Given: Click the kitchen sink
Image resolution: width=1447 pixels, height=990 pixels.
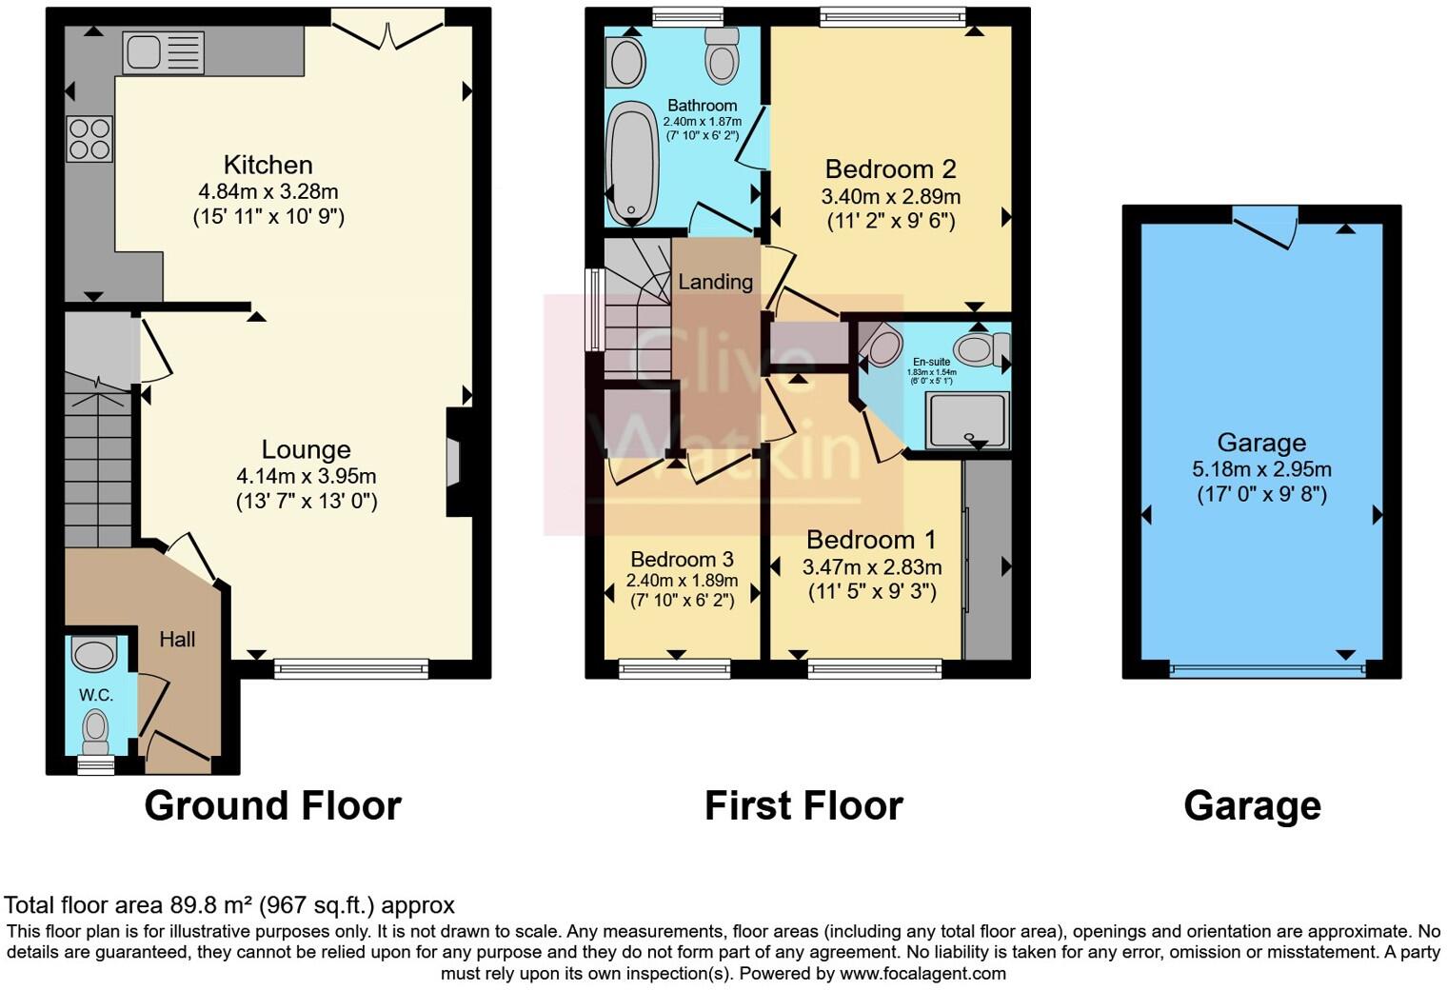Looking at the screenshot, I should (163, 52).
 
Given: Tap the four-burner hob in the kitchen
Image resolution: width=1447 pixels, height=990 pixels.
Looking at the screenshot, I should (89, 139).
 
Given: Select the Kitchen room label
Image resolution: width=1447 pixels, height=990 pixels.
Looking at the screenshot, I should (268, 165).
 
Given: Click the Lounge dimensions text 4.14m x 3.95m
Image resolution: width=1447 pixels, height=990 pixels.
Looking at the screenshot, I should (306, 476).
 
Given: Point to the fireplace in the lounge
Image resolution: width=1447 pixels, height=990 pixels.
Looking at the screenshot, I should (454, 463).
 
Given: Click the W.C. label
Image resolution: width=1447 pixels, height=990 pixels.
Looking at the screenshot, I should (95, 696).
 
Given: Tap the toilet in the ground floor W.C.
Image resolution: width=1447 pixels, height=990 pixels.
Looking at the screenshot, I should (95, 730).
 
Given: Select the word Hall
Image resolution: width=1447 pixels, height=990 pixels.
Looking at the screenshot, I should (177, 640).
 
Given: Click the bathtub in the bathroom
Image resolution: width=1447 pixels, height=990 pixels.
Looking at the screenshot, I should (630, 163).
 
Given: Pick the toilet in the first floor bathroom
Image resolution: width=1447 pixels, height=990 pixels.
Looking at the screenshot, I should (723, 55).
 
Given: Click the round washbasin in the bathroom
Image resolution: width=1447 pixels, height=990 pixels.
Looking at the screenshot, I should (627, 63).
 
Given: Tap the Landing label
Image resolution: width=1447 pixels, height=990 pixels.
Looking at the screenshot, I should (715, 282).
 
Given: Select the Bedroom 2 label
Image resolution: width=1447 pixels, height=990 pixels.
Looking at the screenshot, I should (890, 169).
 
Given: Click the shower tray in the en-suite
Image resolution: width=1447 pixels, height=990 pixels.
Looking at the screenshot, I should (968, 420).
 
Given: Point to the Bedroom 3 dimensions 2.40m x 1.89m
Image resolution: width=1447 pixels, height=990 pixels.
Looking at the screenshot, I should (682, 581).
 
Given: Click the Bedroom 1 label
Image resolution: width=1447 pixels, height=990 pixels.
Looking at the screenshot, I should (871, 541).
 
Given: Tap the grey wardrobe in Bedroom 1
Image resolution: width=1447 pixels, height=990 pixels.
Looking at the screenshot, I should (987, 560).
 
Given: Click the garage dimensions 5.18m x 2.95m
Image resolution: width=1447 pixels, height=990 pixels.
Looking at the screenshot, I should (1261, 469).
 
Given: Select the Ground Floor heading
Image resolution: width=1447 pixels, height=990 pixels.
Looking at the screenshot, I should (272, 806).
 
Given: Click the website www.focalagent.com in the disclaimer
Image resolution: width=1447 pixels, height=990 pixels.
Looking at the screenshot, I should (922, 974).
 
